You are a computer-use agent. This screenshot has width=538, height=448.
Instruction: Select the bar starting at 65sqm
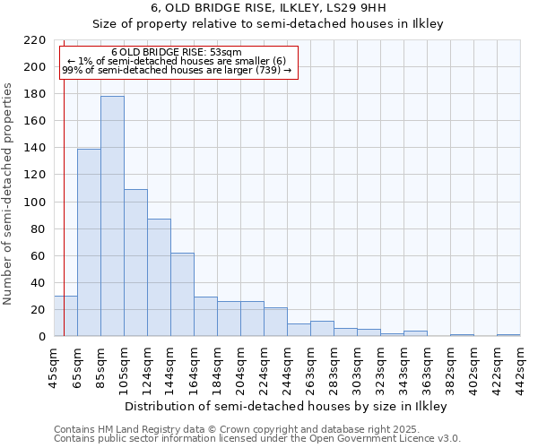[89, 242]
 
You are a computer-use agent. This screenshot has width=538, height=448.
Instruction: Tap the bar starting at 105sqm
[135, 263]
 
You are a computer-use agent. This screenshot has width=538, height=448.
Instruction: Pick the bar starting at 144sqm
[182, 294]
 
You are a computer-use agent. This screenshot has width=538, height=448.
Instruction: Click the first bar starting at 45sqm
[65, 316]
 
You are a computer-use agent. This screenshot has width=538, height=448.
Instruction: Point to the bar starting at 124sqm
[159, 278]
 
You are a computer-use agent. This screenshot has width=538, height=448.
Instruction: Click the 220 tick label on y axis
[35, 40]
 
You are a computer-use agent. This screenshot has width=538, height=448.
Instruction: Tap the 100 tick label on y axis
[35, 202]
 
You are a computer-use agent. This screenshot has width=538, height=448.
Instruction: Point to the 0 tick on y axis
[41, 337]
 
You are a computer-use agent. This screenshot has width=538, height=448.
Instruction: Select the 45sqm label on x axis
[54, 366]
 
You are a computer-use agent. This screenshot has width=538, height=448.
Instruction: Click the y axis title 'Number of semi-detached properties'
[9, 194]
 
